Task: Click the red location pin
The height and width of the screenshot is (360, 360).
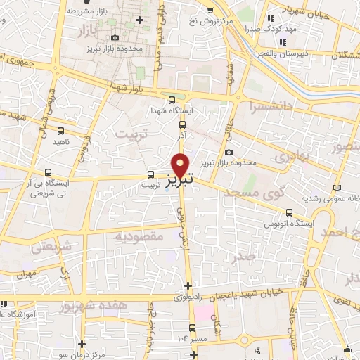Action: [x=181, y=165]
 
